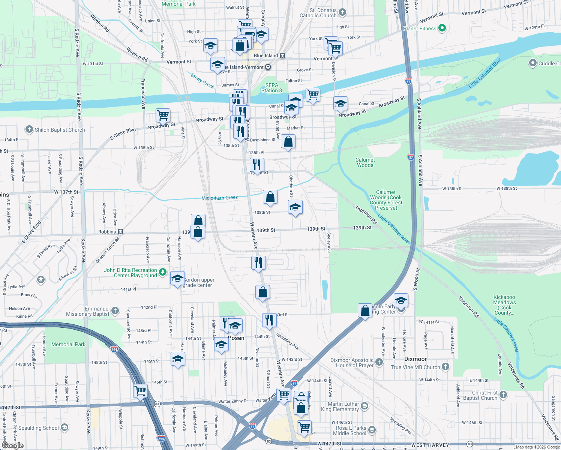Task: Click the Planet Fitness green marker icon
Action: tap(442, 28)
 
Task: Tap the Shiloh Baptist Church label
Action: tap(60, 130)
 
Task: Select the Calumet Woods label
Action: tap(365, 162)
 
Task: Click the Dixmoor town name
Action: tap(415, 359)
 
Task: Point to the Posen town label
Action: tap(236, 338)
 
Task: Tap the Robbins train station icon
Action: tap(120, 232)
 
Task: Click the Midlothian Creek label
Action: tap(219, 198)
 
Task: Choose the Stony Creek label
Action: tap(202, 81)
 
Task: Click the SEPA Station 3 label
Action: tap(271, 88)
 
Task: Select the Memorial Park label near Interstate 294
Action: tap(68, 344)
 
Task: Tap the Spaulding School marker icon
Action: tap(64, 427)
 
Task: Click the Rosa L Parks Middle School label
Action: tap(351, 430)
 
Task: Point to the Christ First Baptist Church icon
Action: tap(503, 394)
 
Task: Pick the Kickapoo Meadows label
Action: tap(504, 305)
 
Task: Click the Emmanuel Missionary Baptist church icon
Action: tap(115, 310)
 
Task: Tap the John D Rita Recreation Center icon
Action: tap(162, 272)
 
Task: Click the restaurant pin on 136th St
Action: tap(257, 165)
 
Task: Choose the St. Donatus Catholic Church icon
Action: tap(342, 12)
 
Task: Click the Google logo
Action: tap(12, 445)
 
